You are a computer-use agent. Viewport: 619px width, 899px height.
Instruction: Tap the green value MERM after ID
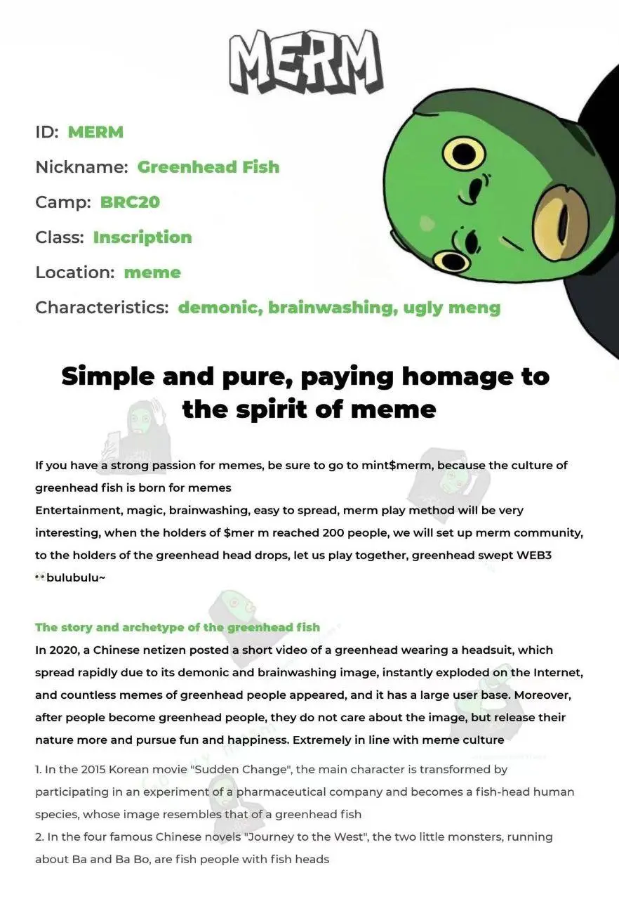(95, 131)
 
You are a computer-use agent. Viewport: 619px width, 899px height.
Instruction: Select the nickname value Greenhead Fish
(208, 166)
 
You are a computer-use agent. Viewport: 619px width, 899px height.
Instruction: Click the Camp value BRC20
(130, 202)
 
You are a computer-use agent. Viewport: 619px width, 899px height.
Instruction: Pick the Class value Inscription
(142, 237)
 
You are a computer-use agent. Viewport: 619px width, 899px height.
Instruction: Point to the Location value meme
(152, 272)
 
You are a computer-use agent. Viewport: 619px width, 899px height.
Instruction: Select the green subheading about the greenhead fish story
(178, 627)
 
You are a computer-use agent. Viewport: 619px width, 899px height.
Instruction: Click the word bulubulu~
(75, 577)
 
